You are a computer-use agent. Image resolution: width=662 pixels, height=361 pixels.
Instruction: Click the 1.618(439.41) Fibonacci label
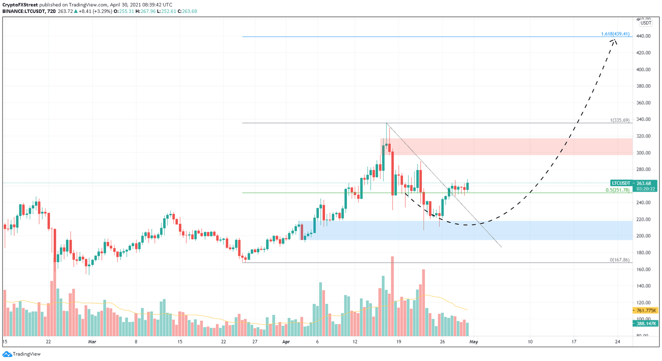[x=615, y=34]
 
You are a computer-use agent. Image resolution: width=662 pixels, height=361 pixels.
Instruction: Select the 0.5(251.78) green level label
[x=617, y=190]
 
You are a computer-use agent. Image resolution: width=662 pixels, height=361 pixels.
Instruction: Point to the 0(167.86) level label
[x=619, y=260]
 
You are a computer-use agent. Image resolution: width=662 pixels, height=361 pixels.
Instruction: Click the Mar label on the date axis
[x=92, y=342]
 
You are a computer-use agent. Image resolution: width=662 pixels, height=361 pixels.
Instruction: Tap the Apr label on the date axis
[x=286, y=342]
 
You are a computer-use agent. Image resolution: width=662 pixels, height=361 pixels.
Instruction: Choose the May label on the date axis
[x=474, y=342]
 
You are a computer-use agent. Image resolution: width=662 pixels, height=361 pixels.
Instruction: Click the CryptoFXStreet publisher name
[x=20, y=5]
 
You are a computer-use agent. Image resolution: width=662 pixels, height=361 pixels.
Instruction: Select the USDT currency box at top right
[x=646, y=23]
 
